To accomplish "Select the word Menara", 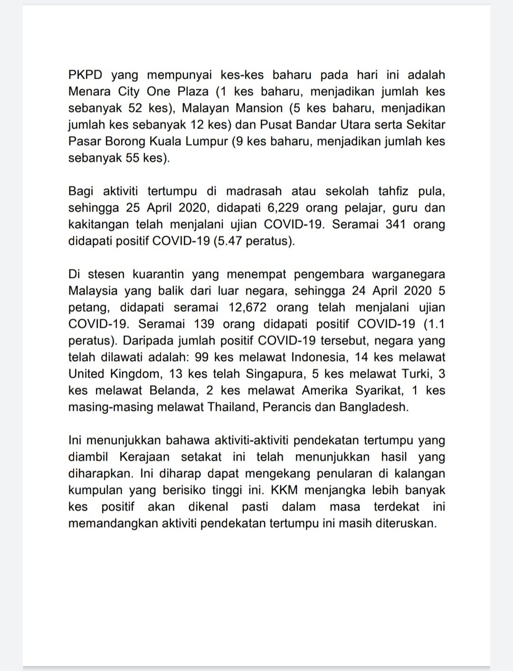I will coord(89,92).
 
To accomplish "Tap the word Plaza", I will coord(193,92).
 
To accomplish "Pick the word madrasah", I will coord(254,191).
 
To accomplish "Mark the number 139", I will coord(204,324).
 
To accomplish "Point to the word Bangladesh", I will coord(373,407).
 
